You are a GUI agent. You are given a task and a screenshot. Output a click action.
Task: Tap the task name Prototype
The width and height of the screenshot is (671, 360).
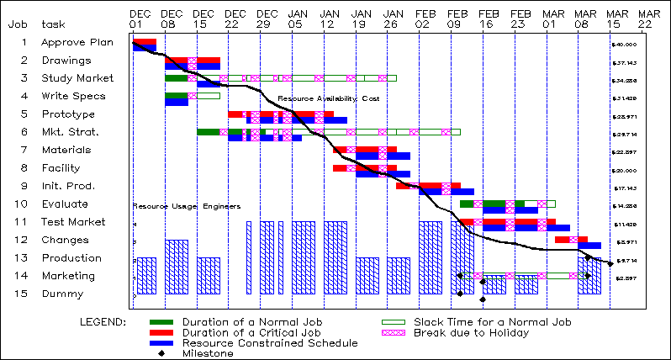pos(68,114)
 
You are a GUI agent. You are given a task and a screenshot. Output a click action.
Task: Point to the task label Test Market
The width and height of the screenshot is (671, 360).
pos(73,222)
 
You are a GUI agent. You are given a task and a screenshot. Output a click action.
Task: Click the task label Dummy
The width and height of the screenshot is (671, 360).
pos(62,294)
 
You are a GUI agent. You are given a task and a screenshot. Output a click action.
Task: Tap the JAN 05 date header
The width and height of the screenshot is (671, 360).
pos(298,19)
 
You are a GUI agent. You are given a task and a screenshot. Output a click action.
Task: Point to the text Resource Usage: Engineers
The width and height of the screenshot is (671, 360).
pos(187,206)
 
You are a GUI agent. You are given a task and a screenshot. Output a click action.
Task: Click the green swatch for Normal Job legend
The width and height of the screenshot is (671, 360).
pos(163,322)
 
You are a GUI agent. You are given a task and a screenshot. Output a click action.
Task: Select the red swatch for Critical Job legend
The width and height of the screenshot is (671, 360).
pos(163,333)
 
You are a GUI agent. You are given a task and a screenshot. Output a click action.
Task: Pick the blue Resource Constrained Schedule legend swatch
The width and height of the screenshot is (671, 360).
pos(163,343)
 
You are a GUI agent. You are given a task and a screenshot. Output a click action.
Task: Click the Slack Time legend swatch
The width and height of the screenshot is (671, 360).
pos(395,322)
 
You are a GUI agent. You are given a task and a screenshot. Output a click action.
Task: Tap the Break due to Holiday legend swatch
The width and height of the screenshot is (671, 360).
pos(395,333)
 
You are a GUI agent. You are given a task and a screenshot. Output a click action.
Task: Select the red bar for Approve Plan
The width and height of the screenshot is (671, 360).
pos(144,41)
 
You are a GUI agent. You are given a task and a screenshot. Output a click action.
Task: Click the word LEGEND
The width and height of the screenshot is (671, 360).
pos(103,322)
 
